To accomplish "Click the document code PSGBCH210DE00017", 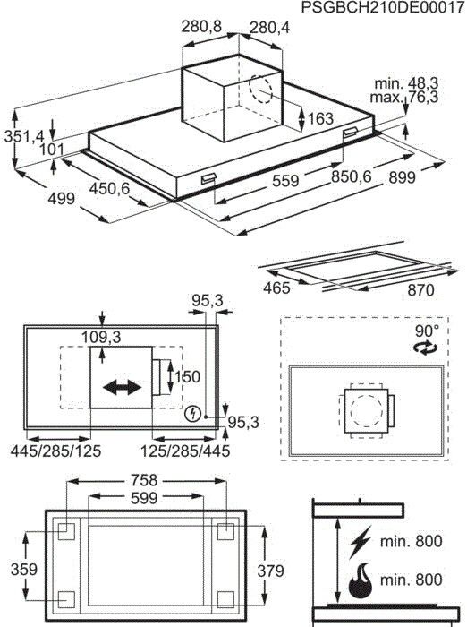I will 382,8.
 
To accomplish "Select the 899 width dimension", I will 402,178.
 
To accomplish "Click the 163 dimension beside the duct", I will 319,119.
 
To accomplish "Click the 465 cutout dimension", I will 278,288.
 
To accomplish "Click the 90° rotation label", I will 425,331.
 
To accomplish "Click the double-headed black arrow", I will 122,387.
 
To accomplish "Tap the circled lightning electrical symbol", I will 191,414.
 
